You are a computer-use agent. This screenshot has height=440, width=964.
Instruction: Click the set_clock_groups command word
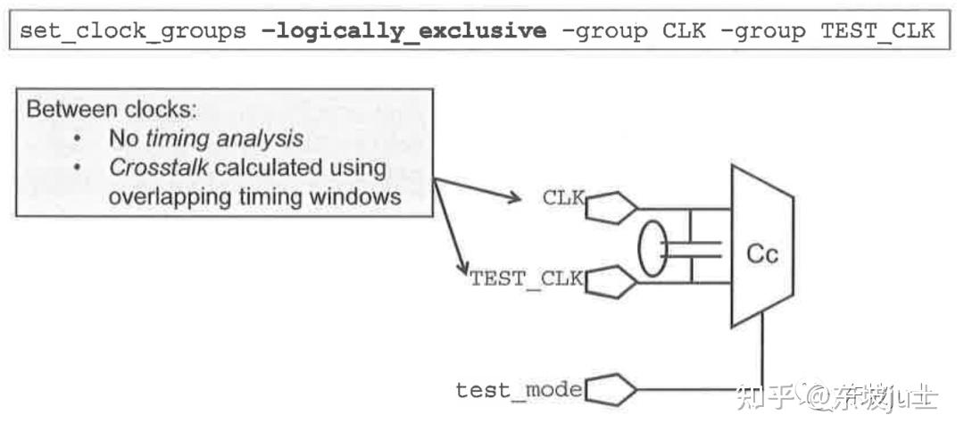132,32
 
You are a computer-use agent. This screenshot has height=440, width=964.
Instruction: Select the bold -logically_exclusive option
403,32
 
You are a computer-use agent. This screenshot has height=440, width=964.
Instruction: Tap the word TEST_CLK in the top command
877,32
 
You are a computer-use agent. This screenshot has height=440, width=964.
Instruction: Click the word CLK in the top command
684,32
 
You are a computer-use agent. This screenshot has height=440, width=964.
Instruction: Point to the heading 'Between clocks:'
112,111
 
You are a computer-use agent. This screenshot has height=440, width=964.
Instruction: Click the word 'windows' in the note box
357,195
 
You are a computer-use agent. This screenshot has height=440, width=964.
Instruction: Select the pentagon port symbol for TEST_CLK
611,284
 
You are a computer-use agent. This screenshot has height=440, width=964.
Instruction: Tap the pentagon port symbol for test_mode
611,390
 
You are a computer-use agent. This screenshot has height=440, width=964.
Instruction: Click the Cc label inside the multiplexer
761,254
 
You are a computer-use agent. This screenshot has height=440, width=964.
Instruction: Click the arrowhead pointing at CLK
512,197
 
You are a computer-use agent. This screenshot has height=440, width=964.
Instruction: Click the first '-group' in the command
603,32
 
